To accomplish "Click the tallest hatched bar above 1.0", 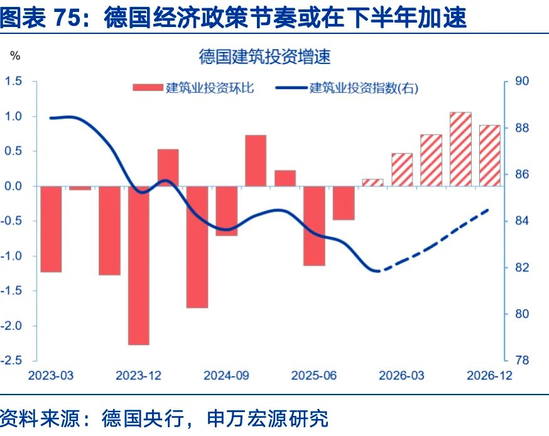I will pos(460,149).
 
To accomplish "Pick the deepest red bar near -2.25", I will pos(139,265).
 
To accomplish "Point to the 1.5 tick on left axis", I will pos(14,81).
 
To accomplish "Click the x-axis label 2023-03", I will pos(50,376).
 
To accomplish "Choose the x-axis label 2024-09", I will pos(226,376).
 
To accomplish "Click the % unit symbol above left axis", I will pos(15,56).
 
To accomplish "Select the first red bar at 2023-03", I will pos(51,229).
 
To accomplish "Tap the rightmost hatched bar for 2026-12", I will pos(490,155).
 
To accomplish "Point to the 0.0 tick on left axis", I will pos(14,186).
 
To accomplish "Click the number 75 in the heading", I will pos(67,19).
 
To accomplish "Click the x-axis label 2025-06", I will pos(314,376).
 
